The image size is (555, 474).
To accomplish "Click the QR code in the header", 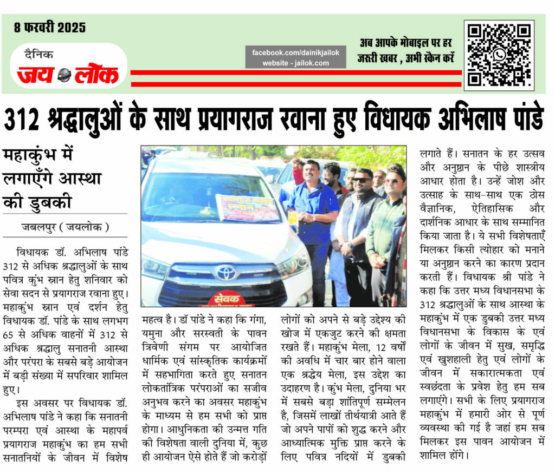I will [499, 54].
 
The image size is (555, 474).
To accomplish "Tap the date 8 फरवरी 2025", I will [50, 27].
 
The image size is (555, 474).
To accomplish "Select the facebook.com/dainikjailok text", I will [295, 52].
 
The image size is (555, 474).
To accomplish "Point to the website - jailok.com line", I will [295, 63].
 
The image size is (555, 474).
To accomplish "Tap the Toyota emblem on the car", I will [225, 272].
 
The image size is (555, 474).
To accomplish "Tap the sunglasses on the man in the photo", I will [362, 179].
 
